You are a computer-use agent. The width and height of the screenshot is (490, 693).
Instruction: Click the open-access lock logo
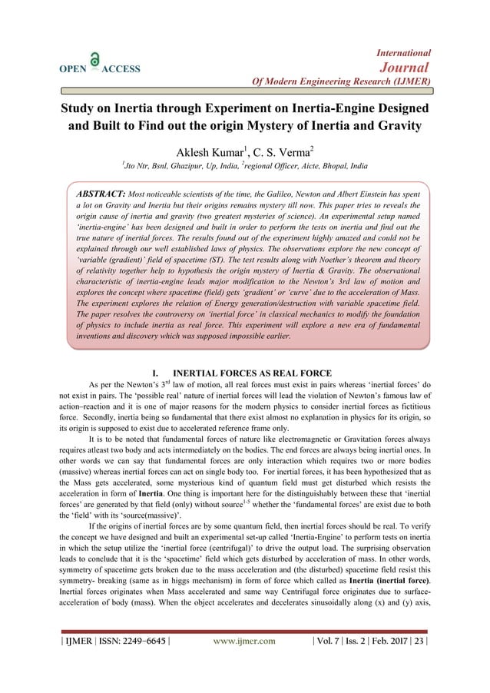[x=94, y=60]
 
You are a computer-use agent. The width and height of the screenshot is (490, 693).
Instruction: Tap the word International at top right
[x=403, y=52]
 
